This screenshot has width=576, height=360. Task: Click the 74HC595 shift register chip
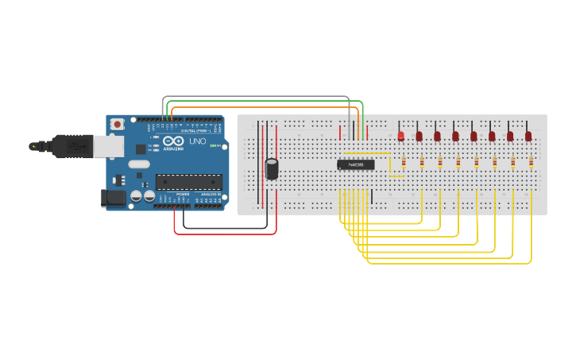click(355, 165)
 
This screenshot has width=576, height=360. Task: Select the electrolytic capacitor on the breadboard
click(272, 168)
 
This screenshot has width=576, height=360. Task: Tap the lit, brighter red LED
click(401, 136)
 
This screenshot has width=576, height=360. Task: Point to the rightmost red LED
click(528, 136)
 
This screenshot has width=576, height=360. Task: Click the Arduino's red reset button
click(118, 124)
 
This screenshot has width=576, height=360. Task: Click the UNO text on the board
click(196, 141)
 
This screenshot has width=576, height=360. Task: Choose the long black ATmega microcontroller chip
click(188, 182)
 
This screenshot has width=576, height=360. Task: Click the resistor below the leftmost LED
click(404, 163)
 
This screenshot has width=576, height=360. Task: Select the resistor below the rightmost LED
click(531, 163)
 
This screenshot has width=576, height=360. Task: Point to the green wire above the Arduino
click(262, 102)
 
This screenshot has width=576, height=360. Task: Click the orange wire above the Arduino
click(262, 106)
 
